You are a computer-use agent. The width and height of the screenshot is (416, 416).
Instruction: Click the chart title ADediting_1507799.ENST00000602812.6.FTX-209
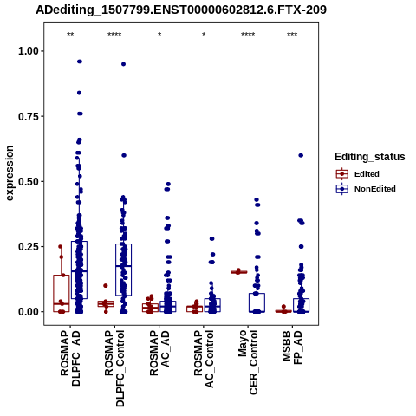pyautogui.click(x=181, y=10)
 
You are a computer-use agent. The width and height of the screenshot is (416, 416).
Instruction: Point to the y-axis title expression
pyautogui.click(x=10, y=173)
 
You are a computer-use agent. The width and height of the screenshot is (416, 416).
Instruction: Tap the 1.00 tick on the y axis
pyautogui.click(x=29, y=51)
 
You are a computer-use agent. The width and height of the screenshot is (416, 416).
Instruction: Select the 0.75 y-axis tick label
pyautogui.click(x=29, y=116)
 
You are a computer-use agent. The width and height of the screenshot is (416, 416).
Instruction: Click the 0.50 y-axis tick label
pyautogui.click(x=29, y=182)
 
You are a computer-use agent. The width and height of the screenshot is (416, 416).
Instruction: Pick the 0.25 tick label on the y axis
pyautogui.click(x=29, y=247)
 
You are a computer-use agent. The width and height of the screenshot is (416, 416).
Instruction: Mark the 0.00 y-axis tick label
pyautogui.click(x=29, y=312)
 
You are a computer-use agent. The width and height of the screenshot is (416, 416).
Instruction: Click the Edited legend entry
pyautogui.click(x=367, y=174)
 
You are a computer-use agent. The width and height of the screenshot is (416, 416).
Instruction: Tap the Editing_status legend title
pyautogui.click(x=370, y=157)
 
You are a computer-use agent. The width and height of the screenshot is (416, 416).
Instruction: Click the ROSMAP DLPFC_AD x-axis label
pyautogui.click(x=70, y=359)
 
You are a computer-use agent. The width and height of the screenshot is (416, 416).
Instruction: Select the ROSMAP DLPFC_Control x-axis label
pyautogui.click(x=114, y=368)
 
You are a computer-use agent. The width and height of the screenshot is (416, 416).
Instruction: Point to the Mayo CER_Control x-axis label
pyautogui.click(x=248, y=362)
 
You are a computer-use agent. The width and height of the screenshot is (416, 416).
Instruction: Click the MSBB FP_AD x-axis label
pyautogui.click(x=292, y=348)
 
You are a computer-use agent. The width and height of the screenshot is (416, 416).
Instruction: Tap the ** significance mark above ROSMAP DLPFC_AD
pyautogui.click(x=70, y=35)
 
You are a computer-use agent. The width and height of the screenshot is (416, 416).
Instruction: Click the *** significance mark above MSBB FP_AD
pyautogui.click(x=292, y=35)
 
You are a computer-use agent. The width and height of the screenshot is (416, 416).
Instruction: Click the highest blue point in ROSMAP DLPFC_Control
pyautogui.click(x=123, y=64)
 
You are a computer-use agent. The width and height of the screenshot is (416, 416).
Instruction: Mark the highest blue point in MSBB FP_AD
pyautogui.click(x=301, y=155)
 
